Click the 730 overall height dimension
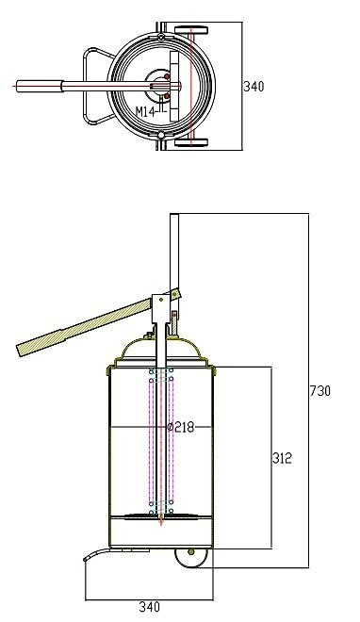pyautogui.click(x=320, y=391)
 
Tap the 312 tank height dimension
pyautogui.click(x=282, y=458)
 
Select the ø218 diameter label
pyautogui.click(x=181, y=427)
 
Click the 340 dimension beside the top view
pyautogui.click(x=254, y=86)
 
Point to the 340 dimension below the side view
pyautogui.click(x=150, y=607)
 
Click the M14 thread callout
pyautogui.click(x=145, y=111)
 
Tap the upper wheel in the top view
pyautogui.click(x=191, y=30)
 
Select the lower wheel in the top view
pyautogui.click(x=191, y=142)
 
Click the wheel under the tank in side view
pyautogui.click(x=192, y=558)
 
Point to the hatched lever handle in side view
pyautogui.click(x=84, y=327)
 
